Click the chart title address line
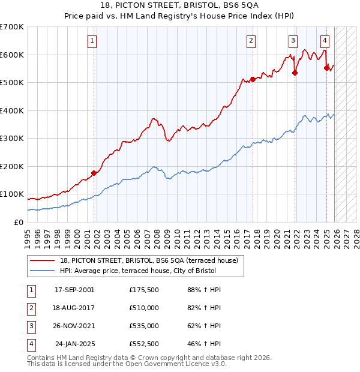(179, 5)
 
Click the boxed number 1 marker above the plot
(92, 41)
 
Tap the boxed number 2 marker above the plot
(251, 41)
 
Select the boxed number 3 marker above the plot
(293, 41)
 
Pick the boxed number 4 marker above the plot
(325, 41)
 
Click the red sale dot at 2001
(94, 173)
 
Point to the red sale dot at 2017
(253, 79)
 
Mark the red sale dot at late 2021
(295, 73)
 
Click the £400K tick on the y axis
(12, 110)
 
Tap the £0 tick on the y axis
(18, 222)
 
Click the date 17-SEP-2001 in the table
(74, 290)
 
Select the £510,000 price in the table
(144, 308)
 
